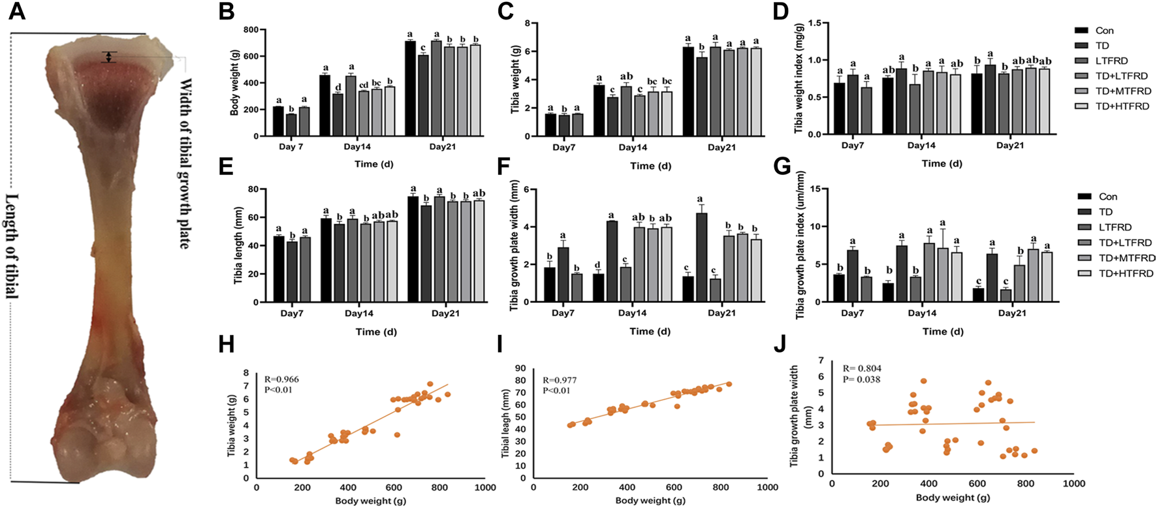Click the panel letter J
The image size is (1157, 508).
pos(780,344)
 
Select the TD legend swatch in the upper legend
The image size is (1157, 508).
pos(1081,46)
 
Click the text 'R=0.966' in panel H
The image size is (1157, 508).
pos(281,379)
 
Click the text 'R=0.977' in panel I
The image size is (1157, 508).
pos(560,380)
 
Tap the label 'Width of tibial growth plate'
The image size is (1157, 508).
pos(185,163)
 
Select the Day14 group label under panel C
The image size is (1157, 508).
pos(633,148)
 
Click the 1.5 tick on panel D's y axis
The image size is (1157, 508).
pos(806,23)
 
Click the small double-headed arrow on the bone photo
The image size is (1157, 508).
pos(110,57)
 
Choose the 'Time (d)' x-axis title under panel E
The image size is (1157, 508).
pos(374,332)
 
